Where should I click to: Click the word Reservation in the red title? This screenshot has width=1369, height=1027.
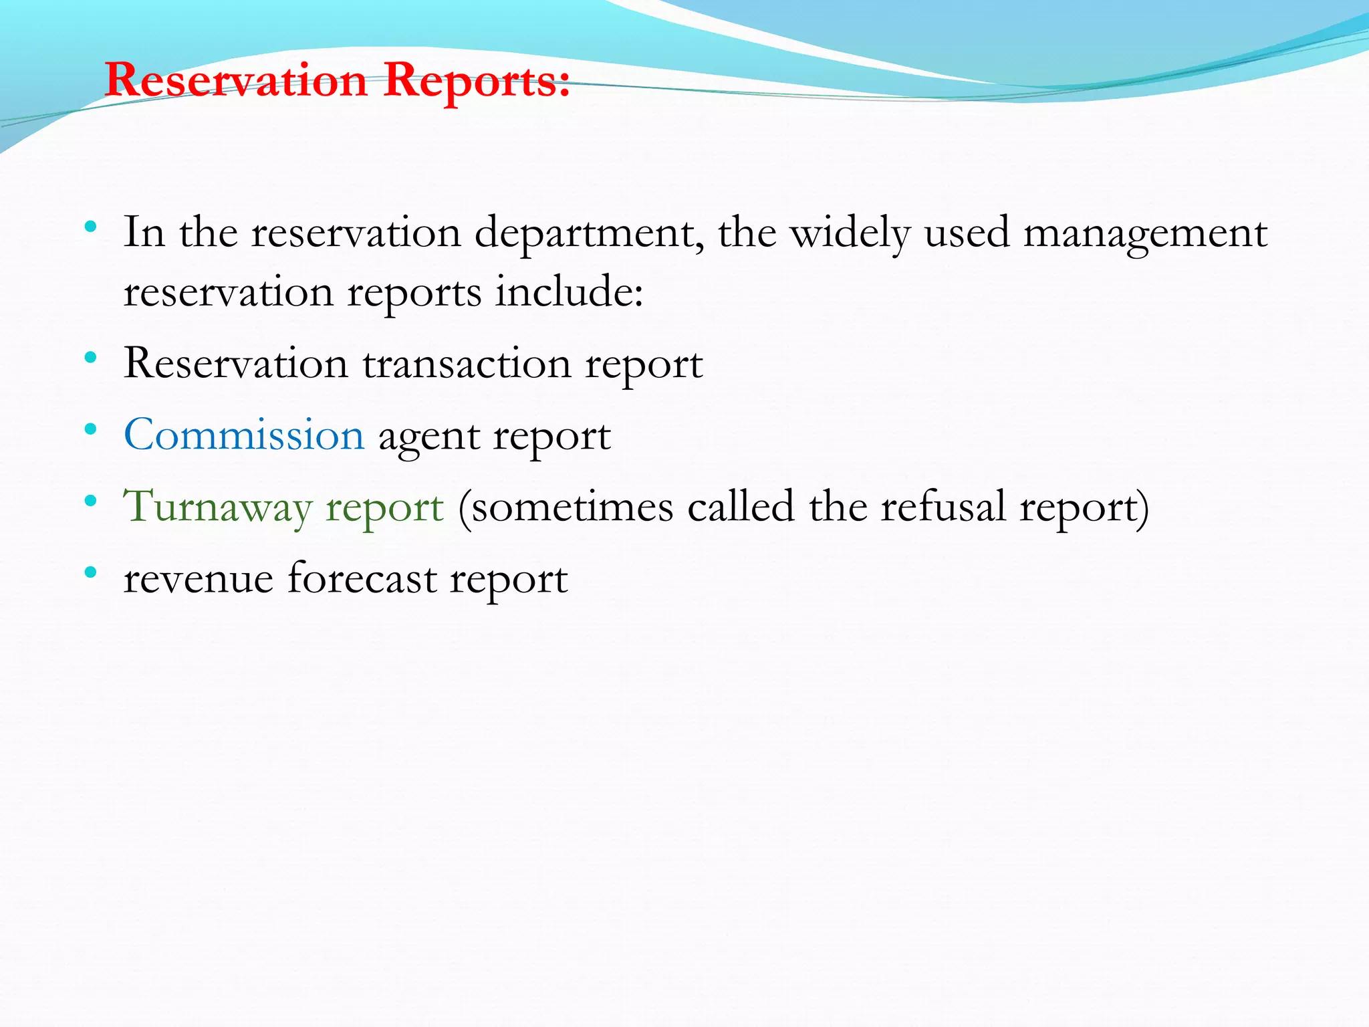(x=236, y=80)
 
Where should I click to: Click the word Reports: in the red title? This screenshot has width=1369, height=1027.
(x=477, y=80)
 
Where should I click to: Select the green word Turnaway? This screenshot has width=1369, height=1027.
(x=218, y=507)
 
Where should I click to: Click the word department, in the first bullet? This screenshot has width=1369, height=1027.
(x=589, y=233)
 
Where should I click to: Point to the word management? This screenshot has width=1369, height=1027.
(x=1145, y=233)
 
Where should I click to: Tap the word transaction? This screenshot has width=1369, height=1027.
(x=467, y=364)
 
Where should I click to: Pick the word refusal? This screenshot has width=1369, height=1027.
(x=943, y=506)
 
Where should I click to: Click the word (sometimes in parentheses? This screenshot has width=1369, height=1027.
(x=566, y=507)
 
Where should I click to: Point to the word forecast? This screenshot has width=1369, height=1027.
(x=362, y=578)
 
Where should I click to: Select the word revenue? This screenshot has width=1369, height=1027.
(x=199, y=579)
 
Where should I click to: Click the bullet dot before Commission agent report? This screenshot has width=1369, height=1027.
(x=91, y=429)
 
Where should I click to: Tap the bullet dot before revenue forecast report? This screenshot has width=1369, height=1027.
(x=91, y=572)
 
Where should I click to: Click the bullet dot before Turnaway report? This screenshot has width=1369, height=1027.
(x=91, y=501)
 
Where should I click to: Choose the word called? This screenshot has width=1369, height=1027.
(x=741, y=506)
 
